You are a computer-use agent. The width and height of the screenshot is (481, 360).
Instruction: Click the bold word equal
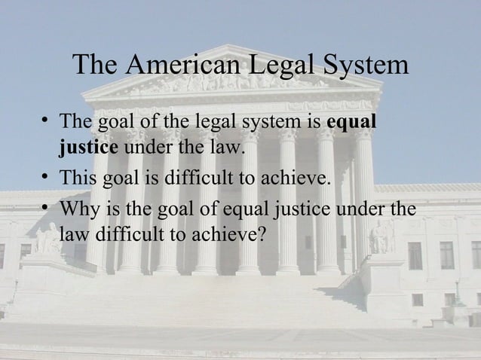354,121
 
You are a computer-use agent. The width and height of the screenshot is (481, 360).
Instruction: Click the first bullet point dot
47,121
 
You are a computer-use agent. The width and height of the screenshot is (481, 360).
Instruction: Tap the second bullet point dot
47,178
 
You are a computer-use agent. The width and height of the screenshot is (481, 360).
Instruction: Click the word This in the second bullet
78,178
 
